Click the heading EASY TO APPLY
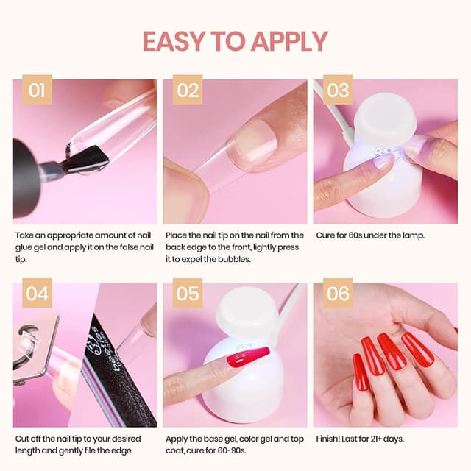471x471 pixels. (x=235, y=41)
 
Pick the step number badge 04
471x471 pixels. (x=36, y=294)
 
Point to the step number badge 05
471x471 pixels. (x=188, y=294)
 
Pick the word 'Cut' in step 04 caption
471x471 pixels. (x=22, y=439)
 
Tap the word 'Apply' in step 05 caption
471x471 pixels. (x=178, y=439)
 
